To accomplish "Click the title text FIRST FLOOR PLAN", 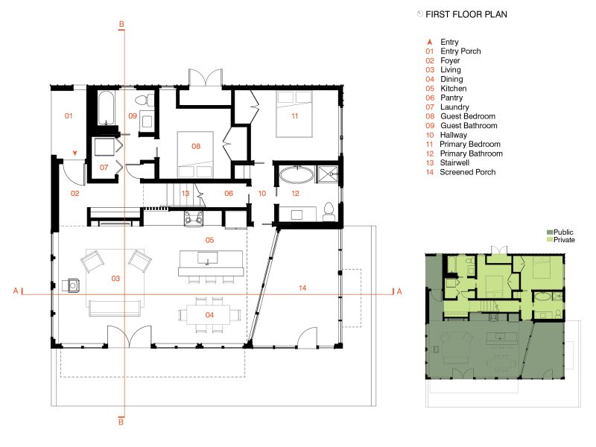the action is pos(466,14).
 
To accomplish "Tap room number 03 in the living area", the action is pos(115,279).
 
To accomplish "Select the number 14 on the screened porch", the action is pos(302,288).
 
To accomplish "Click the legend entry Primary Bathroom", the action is pos(472,153).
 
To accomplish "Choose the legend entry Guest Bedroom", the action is pos(468,116).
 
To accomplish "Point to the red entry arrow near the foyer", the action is pos(75,153).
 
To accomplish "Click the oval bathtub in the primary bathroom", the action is pos(297,175).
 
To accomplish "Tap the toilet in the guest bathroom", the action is pos(144,100).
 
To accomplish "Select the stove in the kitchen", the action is pos(194,218).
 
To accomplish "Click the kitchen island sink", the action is pos(208,257).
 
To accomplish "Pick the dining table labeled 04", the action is pos(209,315).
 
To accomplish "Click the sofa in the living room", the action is pos(115,308).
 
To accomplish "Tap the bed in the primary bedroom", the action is pos(294,114).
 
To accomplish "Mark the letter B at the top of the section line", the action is pos(121,25).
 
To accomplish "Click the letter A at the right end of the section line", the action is pos(399,291).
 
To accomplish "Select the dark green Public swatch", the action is pos(550,232).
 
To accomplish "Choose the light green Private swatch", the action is pos(550,240).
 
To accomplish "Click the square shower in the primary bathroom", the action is pos(327,174).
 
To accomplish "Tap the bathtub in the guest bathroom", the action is pos(106,108).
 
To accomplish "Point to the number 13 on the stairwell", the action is pos(185,194).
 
